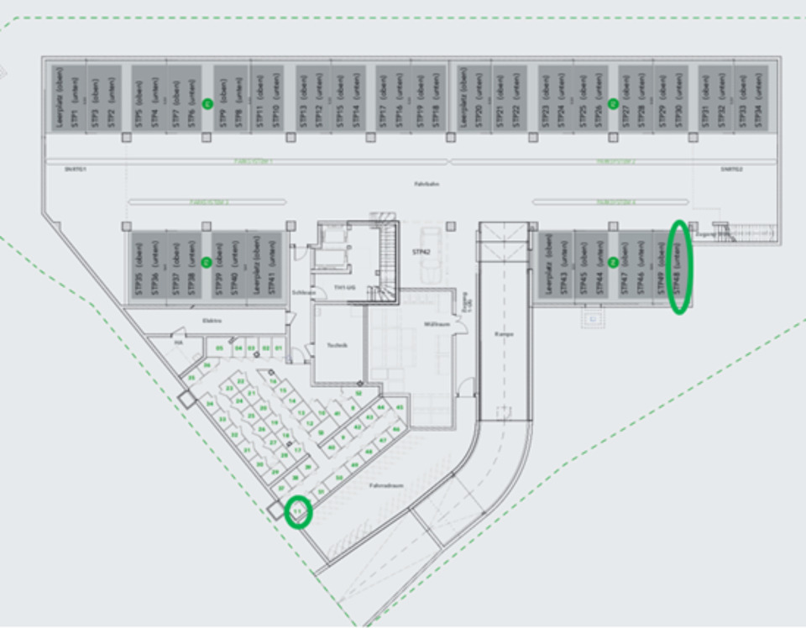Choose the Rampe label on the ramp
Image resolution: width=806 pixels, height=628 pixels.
pos(503,333)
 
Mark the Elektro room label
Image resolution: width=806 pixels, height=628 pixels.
pos(211,320)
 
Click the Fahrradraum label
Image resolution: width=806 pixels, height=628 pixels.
pos(386,485)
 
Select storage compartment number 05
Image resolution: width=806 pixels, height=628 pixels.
pos(219,347)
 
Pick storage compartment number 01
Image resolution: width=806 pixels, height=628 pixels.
pos(279,347)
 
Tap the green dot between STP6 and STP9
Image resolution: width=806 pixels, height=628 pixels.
pos(207,103)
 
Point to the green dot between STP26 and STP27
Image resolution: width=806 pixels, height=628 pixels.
pos(613,103)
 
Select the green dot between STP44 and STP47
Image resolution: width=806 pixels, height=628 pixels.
pos(613,261)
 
